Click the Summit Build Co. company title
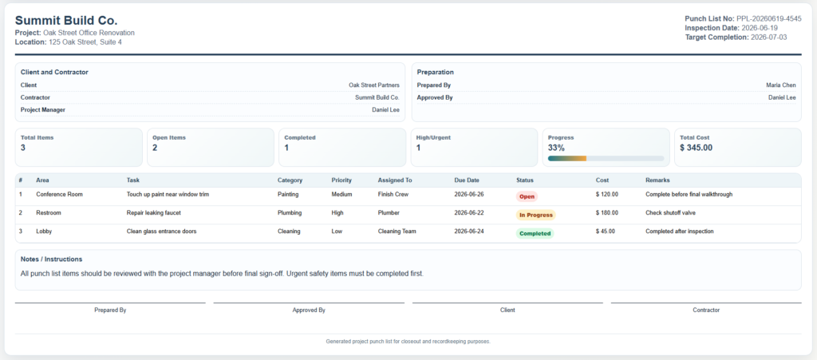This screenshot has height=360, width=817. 66,21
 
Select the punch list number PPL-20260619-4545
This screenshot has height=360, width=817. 769,18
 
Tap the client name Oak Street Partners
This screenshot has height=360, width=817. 374,85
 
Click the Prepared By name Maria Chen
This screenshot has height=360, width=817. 781,85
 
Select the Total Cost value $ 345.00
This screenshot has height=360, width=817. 696,148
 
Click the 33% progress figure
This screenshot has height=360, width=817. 556,148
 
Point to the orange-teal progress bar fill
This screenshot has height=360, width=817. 567,158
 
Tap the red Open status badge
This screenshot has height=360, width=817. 527,196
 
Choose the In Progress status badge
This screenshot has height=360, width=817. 535,215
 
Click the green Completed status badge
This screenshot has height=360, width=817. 535,233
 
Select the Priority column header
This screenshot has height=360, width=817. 341,180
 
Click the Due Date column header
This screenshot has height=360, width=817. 467,180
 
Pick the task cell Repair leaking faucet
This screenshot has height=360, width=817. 154,212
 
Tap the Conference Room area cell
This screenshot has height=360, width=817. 59,194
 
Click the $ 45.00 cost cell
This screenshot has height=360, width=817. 606,231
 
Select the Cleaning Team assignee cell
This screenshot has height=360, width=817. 397,231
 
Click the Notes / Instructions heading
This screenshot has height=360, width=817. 51,259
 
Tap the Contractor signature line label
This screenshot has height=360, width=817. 706,310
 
